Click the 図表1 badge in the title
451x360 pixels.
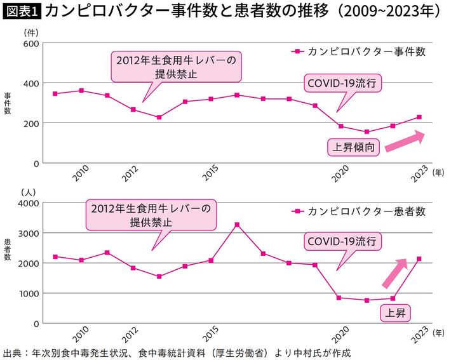(x=22, y=11)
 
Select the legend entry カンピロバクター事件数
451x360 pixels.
(x=360, y=51)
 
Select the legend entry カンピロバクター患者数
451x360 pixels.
(x=360, y=211)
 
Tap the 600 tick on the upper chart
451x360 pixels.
(x=31, y=44)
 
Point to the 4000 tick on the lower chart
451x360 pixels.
(x=29, y=203)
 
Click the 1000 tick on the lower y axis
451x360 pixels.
(x=29, y=294)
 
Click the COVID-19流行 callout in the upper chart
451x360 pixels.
(x=342, y=83)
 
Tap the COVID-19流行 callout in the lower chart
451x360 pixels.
(x=342, y=242)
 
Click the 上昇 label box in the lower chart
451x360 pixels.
(x=396, y=312)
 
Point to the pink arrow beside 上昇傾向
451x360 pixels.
(x=404, y=140)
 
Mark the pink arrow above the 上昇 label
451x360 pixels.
(x=394, y=274)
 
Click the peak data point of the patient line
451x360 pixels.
(x=237, y=225)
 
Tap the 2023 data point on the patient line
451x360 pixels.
(x=419, y=259)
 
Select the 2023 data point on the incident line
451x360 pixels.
(x=419, y=117)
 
